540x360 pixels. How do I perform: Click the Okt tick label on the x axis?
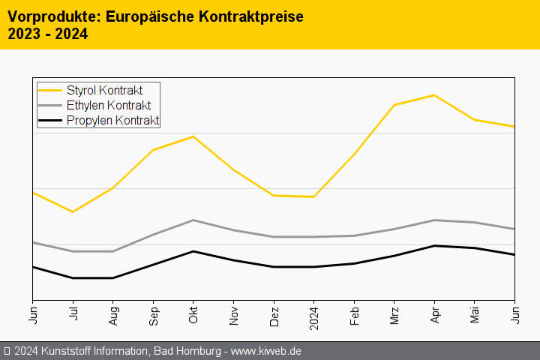193,313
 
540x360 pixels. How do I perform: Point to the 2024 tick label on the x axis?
314,316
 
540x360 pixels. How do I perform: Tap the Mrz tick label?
394,313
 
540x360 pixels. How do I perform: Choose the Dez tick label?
274,313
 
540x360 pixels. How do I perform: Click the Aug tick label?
113,313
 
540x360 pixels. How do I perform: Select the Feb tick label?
354,313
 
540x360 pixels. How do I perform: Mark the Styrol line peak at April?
434,95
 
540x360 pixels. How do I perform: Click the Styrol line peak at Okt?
193,136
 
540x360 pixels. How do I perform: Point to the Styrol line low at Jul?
73,211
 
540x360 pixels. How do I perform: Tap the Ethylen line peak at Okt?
193,220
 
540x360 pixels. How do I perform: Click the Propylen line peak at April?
434,245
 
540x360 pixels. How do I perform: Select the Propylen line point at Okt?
193,251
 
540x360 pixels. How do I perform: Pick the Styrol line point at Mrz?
394,105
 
